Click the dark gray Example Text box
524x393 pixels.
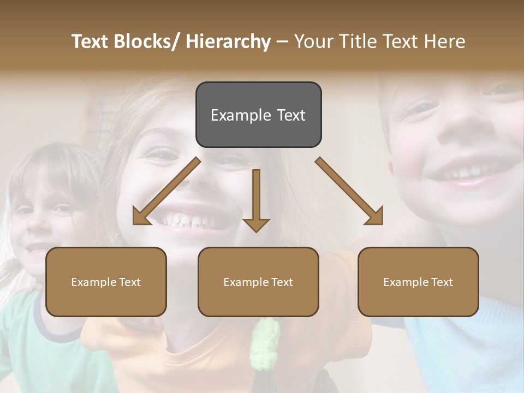(x=258, y=115)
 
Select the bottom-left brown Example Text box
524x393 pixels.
(x=106, y=282)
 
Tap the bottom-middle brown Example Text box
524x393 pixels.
(x=258, y=282)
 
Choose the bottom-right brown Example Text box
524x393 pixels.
(x=418, y=282)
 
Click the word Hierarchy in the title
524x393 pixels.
(x=228, y=41)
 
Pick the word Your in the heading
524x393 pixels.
(x=314, y=41)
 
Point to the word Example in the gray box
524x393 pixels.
(x=241, y=115)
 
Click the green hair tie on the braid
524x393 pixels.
(x=265, y=344)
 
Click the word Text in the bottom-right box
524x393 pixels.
(x=442, y=282)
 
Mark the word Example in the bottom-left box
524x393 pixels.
(x=94, y=282)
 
